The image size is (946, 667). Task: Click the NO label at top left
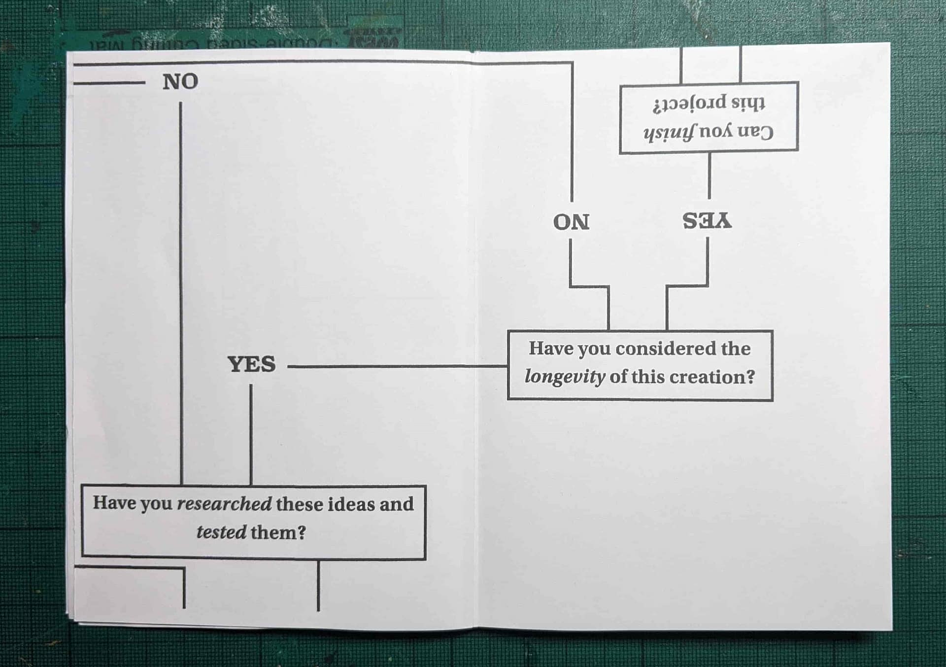pos(180,82)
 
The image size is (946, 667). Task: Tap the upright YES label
pos(251,364)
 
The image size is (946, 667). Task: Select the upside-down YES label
pos(707,220)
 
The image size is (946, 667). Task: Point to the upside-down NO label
pos(571,222)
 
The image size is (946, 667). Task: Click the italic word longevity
pos(565,377)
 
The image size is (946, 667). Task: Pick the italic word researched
pos(224,504)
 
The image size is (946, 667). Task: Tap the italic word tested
pos(221,532)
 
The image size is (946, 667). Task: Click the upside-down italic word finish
pos(669,132)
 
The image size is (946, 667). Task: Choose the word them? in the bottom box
pos(278,532)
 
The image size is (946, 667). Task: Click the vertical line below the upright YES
pos(251,434)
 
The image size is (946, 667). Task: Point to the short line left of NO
pos(109,83)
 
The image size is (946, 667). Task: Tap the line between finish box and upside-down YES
pos(709,175)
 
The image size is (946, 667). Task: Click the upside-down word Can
pos(754,132)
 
